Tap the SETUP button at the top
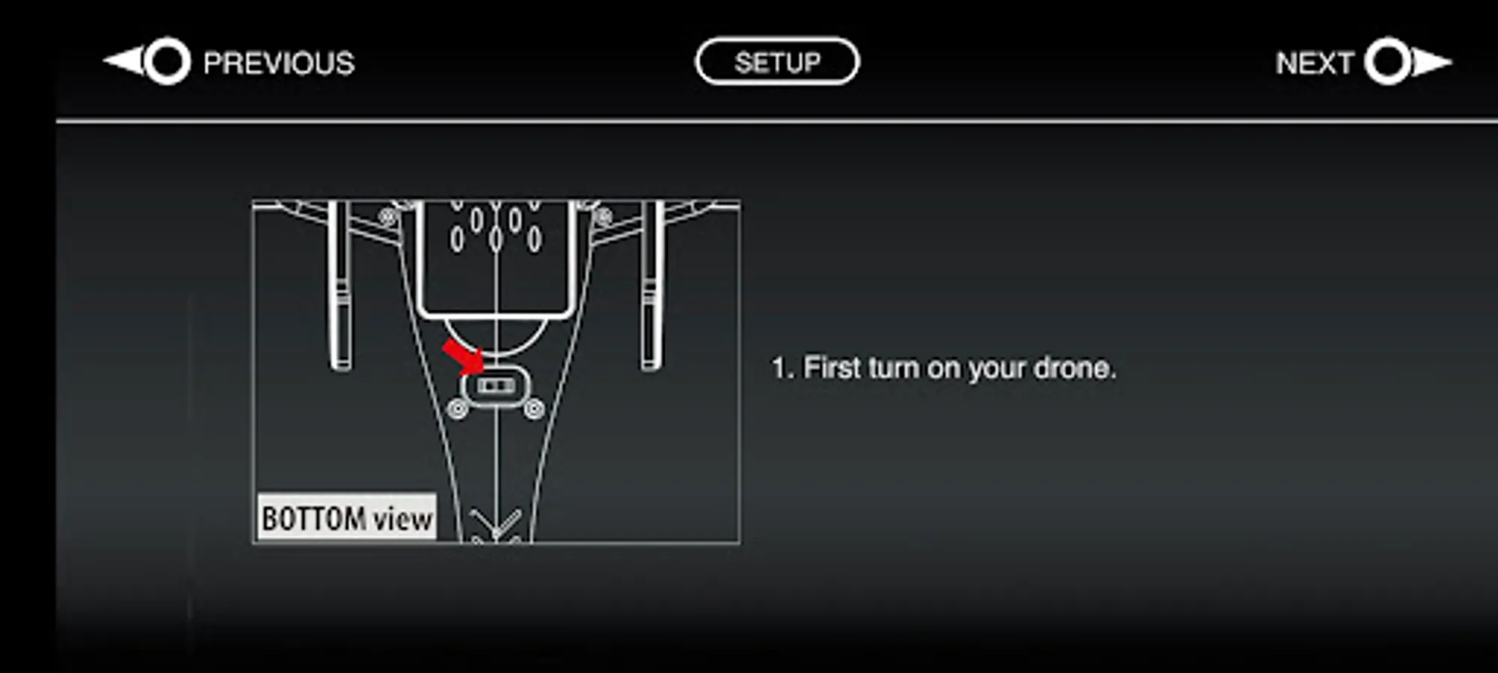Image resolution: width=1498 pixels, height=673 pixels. click(x=777, y=62)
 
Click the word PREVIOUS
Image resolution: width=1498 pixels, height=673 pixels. click(x=278, y=64)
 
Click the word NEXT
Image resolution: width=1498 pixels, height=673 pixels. click(x=1314, y=64)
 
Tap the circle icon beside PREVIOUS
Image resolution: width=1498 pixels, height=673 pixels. click(x=167, y=61)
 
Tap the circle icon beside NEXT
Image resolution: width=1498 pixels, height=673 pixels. click(x=1387, y=61)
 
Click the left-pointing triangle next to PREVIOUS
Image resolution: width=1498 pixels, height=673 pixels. click(x=123, y=61)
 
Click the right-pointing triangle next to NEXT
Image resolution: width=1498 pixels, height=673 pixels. click(x=1431, y=61)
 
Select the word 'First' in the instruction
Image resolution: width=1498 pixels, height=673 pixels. click(x=831, y=368)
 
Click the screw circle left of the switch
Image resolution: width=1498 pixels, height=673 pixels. click(x=458, y=409)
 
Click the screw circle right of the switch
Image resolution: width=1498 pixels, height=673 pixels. click(x=533, y=409)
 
